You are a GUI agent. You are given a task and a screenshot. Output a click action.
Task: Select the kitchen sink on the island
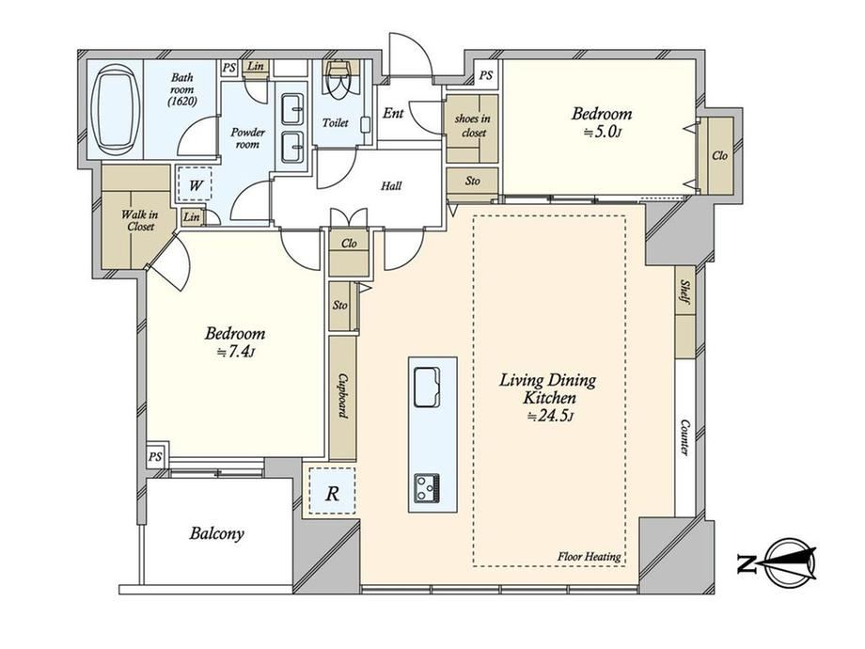click(x=427, y=387)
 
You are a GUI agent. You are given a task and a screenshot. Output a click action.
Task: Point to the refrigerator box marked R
click(x=332, y=491)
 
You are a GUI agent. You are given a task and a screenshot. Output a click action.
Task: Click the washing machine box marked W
click(x=195, y=184)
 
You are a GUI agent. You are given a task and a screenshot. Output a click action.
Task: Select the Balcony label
click(x=216, y=533)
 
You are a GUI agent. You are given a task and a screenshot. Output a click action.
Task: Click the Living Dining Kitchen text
click(x=548, y=388)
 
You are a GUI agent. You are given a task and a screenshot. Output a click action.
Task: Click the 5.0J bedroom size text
click(x=604, y=133)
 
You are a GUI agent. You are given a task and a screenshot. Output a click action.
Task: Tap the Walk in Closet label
click(x=139, y=220)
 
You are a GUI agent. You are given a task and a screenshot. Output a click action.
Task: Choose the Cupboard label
click(x=343, y=396)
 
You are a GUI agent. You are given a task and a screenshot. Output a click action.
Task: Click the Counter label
click(x=685, y=437)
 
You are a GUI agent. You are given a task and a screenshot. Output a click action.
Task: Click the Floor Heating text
click(x=590, y=556)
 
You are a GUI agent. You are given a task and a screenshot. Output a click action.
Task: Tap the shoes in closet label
click(x=472, y=125)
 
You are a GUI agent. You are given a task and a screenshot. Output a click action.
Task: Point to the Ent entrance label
click(x=393, y=113)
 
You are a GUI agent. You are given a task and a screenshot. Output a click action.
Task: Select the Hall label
click(x=391, y=186)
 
